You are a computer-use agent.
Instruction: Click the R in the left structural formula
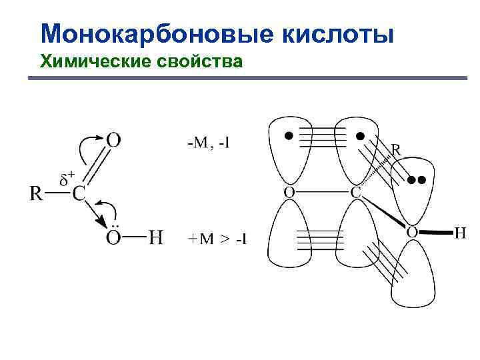37,194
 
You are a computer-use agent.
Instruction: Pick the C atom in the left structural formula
79,194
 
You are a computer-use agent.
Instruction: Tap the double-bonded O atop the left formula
114,139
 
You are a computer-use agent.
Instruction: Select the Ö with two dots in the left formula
114,236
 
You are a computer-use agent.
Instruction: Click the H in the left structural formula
155,237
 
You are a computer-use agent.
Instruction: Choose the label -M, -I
208,142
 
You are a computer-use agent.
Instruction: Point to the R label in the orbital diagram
395,151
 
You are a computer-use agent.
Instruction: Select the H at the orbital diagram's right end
460,233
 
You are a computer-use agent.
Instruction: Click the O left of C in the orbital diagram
289,193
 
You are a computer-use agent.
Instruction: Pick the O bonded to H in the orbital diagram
412,233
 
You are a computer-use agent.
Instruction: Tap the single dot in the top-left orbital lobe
288,135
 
